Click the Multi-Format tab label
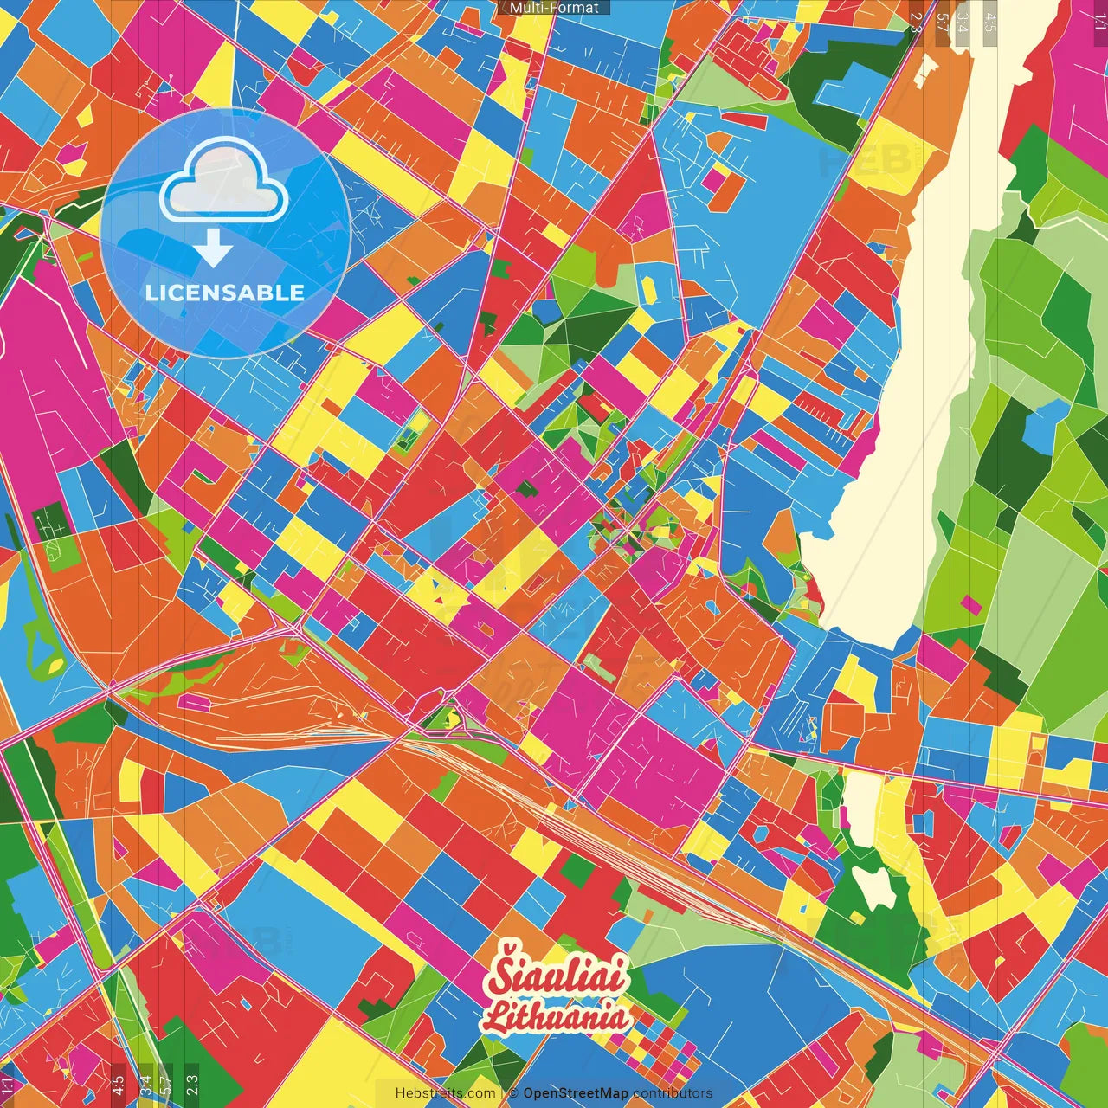554,8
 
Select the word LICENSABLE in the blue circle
225,293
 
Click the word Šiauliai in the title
556,976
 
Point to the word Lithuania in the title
556,1016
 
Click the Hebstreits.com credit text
445,1093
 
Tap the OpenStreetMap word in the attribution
575,1093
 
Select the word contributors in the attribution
673,1093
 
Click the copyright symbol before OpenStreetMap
513,1093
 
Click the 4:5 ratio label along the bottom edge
118,1085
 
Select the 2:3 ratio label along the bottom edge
192,1085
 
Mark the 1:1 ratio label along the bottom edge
8,1085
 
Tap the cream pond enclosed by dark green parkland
873,886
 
